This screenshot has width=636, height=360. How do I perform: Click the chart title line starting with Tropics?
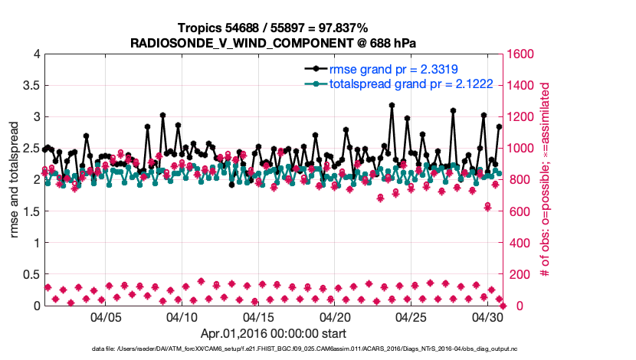274,28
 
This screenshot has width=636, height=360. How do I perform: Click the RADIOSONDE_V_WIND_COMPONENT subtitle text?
274,42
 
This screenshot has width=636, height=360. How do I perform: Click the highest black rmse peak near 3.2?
392,105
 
